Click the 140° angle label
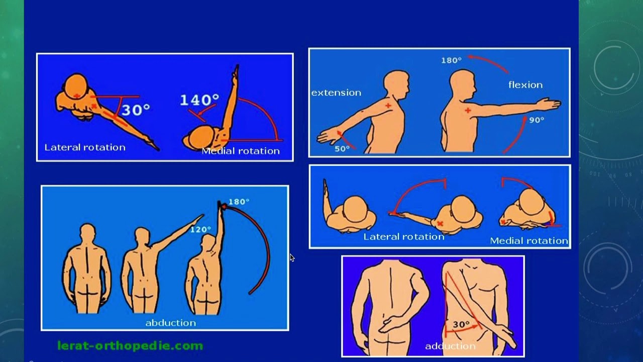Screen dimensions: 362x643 coord(199,100)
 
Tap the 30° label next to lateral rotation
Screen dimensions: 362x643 coord(136,110)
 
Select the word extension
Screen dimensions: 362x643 coord(336,93)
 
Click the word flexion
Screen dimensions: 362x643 coord(525,85)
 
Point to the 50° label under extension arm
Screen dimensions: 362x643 coord(342,149)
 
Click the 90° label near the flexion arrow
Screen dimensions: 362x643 coord(537,120)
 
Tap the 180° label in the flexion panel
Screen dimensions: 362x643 coord(451,60)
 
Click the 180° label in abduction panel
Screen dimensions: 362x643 coord(239,202)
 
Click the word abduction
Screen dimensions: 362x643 coord(170,323)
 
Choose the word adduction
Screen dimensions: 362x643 coord(450,346)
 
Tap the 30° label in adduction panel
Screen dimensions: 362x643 coord(461,325)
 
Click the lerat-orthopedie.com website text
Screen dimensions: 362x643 coord(130,345)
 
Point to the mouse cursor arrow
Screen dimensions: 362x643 coord(292,257)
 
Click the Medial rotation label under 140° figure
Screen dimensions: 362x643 coord(241,151)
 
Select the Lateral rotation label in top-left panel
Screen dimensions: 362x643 coord(85,147)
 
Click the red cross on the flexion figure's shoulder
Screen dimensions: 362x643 coord(467,110)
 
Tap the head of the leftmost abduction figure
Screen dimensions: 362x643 coord(87,232)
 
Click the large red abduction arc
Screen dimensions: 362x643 coord(267,251)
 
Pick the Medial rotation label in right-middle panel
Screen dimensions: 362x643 coord(528,240)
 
